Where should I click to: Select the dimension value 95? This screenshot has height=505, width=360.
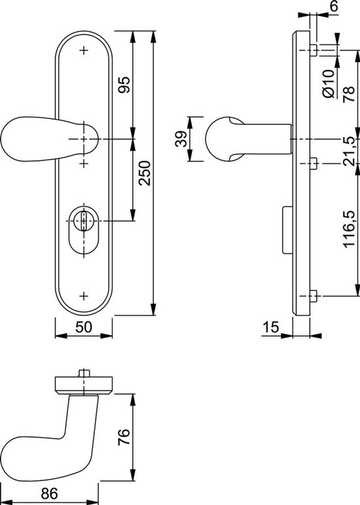click(125, 85)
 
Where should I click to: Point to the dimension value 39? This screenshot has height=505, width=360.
click(183, 139)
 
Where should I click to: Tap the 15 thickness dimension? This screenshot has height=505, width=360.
click(270, 328)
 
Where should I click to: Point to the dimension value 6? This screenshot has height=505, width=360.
click(334, 7)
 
